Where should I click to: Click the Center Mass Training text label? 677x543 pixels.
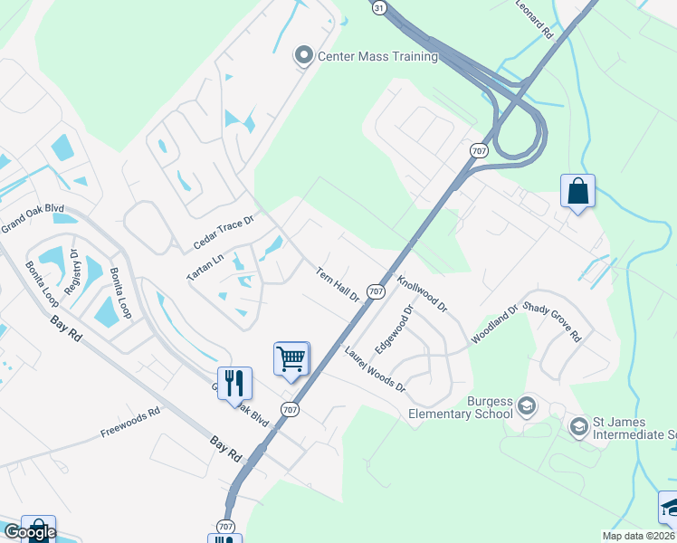pyautogui.click(x=377, y=56)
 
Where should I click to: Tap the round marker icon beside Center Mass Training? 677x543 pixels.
pyautogui.click(x=304, y=56)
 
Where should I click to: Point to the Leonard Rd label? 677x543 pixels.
pyautogui.click(x=534, y=19)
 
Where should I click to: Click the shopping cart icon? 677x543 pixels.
pyautogui.click(x=291, y=358)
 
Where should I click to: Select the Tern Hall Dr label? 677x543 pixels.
pyautogui.click(x=338, y=284)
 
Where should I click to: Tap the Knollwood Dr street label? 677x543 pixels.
pyautogui.click(x=422, y=294)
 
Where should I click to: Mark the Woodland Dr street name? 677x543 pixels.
pyautogui.click(x=493, y=323)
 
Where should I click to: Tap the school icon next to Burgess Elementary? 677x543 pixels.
pyautogui.click(x=527, y=408)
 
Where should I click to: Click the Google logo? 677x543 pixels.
pyautogui.click(x=30, y=531)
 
